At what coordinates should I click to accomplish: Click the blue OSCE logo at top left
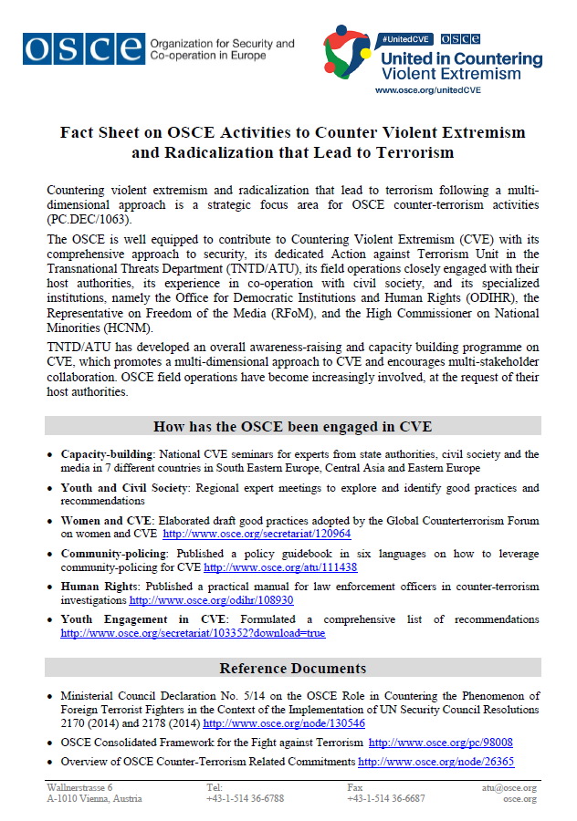(84, 47)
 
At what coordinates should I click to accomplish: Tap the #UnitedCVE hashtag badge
(407, 39)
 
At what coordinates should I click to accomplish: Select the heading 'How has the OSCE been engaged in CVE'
(293, 426)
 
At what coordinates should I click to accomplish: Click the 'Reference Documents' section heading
(293, 668)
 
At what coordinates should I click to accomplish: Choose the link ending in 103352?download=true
(193, 633)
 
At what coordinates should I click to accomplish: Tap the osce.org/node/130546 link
(283, 723)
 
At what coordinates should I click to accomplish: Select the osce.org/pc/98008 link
(440, 743)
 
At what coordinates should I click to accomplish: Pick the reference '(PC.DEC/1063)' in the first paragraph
(88, 219)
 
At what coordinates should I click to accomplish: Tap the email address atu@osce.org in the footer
(509, 787)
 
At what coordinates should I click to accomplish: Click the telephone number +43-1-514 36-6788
(245, 799)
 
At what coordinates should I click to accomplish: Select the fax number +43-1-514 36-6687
(385, 799)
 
